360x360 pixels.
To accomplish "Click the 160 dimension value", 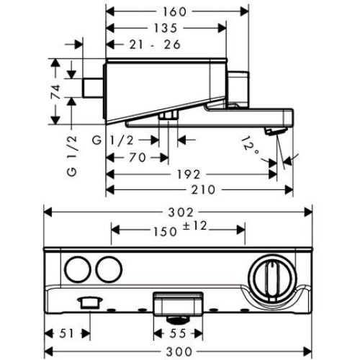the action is (174, 12).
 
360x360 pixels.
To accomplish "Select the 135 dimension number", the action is (166, 28).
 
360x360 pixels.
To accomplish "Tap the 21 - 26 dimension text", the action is (155, 45).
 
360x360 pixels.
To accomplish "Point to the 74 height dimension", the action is (55, 91).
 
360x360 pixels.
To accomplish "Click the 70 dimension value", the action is (138, 158).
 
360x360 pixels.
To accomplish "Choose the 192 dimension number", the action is (189, 174).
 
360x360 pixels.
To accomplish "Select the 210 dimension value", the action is (203, 190).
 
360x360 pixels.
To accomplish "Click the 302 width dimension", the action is (181, 212).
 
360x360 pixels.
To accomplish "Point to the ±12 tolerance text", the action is (195, 226).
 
